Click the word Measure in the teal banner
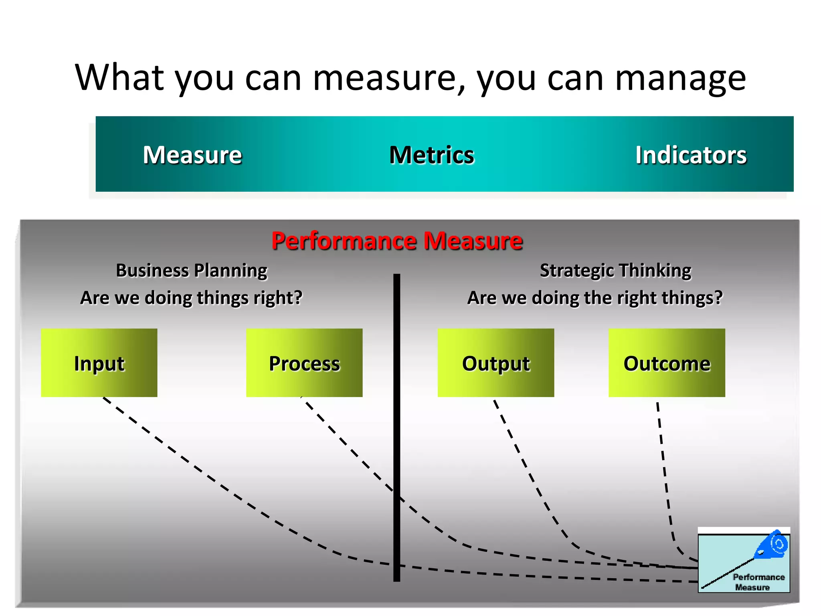point(192,155)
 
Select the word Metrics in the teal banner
point(432,155)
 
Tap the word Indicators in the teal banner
point(691,155)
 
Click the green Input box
point(99,363)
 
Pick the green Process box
point(304,363)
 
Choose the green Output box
point(496,363)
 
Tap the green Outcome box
point(667,363)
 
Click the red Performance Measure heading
point(397,241)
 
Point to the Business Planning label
point(192,271)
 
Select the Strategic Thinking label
point(615,271)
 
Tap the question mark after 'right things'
point(718,298)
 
